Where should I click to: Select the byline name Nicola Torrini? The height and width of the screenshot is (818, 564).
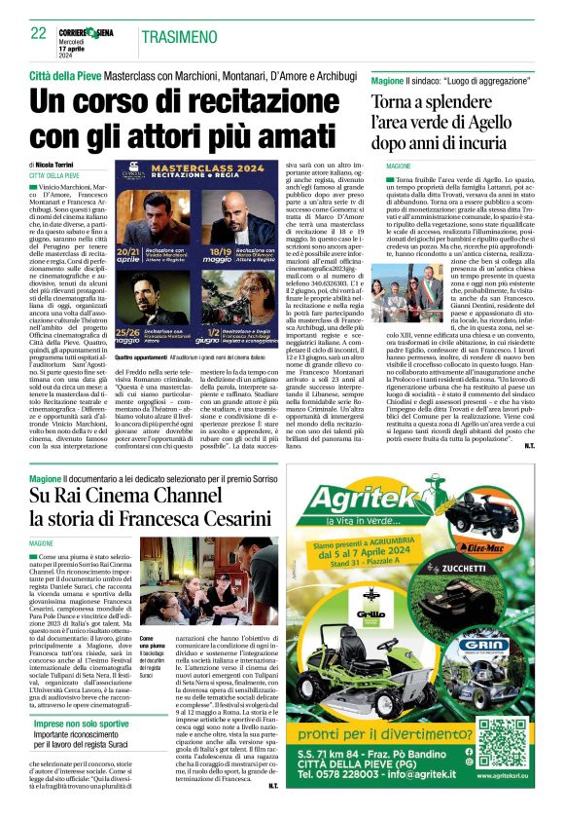pos(61,166)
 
